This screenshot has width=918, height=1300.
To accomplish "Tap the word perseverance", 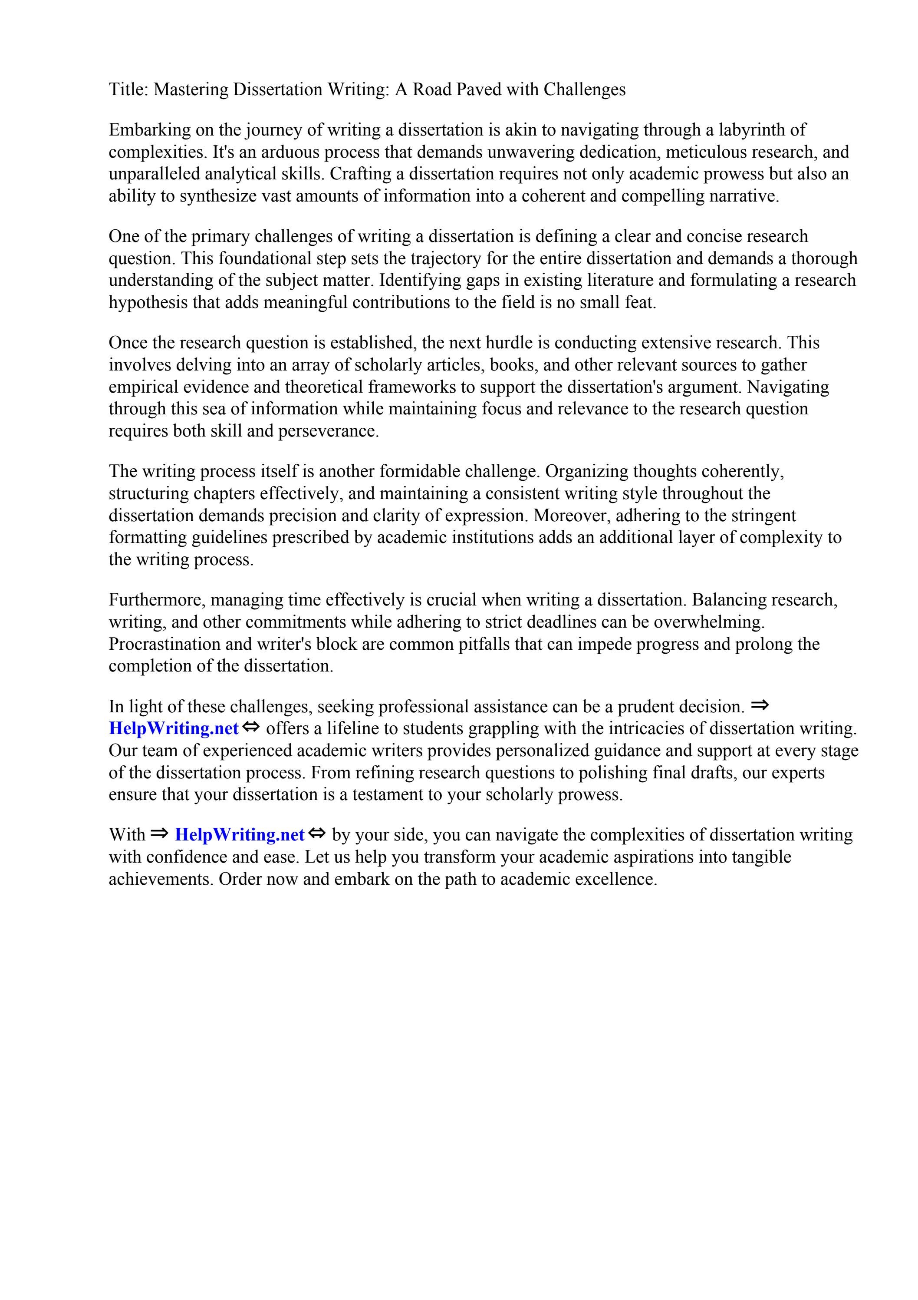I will point(328,431).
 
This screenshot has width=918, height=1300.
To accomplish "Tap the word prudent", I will point(645,707).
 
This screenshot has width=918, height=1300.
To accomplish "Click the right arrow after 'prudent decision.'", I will point(760,705).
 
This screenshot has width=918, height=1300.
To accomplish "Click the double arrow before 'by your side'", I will point(318,834).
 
